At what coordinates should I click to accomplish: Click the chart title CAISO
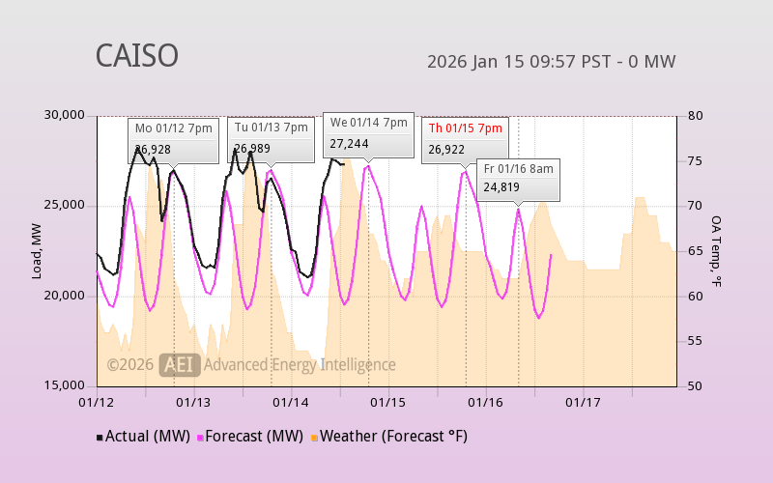click(136, 56)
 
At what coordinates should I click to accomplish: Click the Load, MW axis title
click(37, 250)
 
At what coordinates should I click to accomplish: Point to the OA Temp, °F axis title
click(716, 250)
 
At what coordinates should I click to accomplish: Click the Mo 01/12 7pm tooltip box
click(174, 139)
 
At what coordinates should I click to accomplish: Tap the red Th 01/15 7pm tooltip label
click(465, 128)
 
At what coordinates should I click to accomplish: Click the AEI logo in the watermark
click(180, 364)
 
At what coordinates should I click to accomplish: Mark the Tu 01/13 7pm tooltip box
click(272, 139)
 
